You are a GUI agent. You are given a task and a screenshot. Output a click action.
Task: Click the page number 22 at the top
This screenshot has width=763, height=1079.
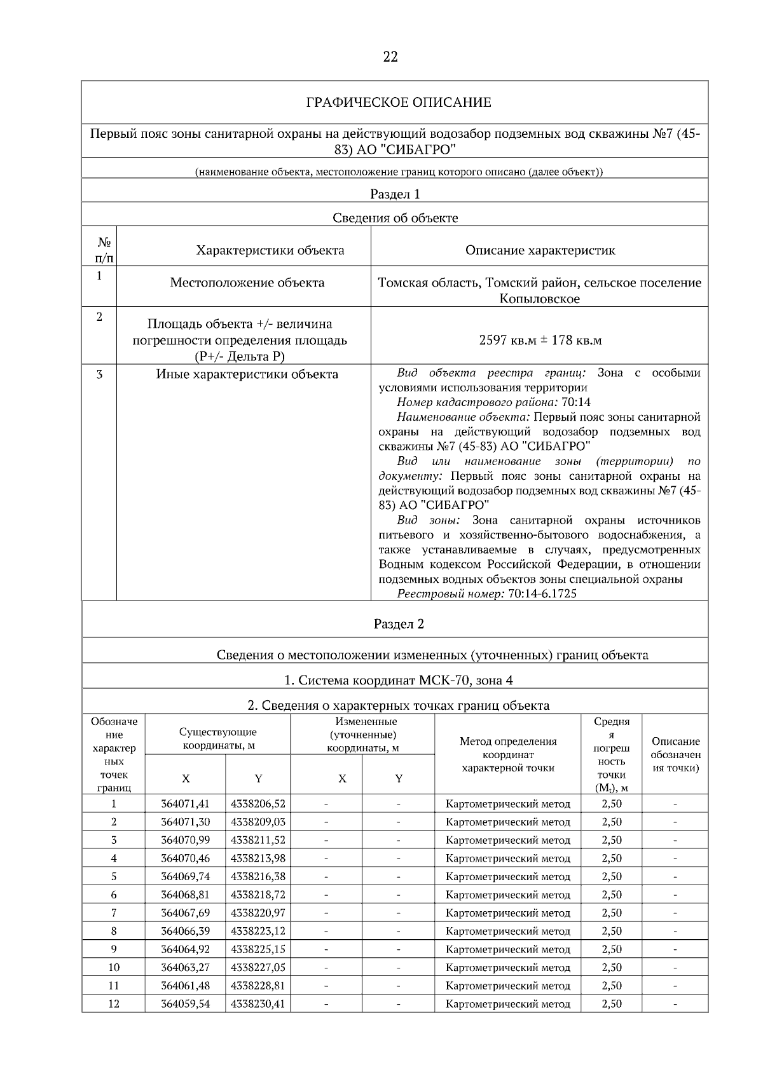(x=390, y=57)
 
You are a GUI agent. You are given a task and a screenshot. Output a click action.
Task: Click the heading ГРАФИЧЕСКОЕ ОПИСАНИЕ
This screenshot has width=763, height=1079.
(x=399, y=102)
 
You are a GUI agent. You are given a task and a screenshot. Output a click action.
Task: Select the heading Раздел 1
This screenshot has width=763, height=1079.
(x=395, y=194)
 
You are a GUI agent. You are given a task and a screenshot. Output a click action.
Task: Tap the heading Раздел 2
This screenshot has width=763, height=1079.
(x=399, y=623)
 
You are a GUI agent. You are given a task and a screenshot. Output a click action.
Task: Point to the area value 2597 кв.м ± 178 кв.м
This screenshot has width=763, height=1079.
(x=540, y=340)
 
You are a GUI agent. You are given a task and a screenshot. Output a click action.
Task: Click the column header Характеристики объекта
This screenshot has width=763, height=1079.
(x=270, y=250)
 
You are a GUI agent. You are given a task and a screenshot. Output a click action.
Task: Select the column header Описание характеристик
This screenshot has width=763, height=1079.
(x=540, y=250)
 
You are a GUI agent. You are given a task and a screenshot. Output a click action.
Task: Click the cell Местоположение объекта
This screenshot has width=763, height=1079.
(x=247, y=282)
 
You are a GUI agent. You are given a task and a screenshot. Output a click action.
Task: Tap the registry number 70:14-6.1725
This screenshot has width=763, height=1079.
(x=542, y=594)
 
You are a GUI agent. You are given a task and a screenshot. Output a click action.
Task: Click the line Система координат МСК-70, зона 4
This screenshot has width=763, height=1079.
(x=399, y=680)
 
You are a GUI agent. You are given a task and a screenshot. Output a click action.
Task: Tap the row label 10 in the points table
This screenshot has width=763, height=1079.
(x=114, y=967)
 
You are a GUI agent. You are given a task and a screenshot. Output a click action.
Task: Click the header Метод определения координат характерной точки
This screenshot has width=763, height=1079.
(x=508, y=754)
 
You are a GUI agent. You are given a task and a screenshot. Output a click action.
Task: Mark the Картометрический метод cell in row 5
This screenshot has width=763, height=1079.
(x=508, y=876)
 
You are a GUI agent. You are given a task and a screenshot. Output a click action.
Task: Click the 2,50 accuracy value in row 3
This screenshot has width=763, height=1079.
(x=611, y=840)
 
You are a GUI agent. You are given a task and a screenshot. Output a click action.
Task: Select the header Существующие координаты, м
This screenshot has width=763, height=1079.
(x=218, y=738)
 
